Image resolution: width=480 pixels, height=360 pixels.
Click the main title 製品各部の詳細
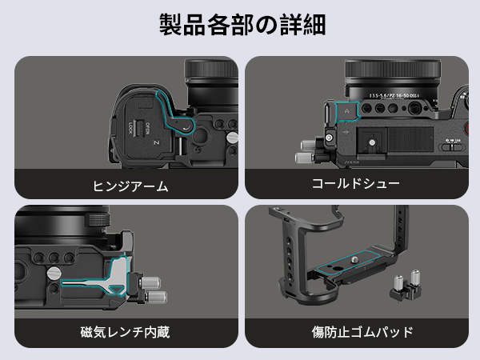240,25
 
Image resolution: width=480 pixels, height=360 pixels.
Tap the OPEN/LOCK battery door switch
138,127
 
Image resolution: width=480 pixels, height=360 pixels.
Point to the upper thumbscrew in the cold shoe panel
306,145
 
